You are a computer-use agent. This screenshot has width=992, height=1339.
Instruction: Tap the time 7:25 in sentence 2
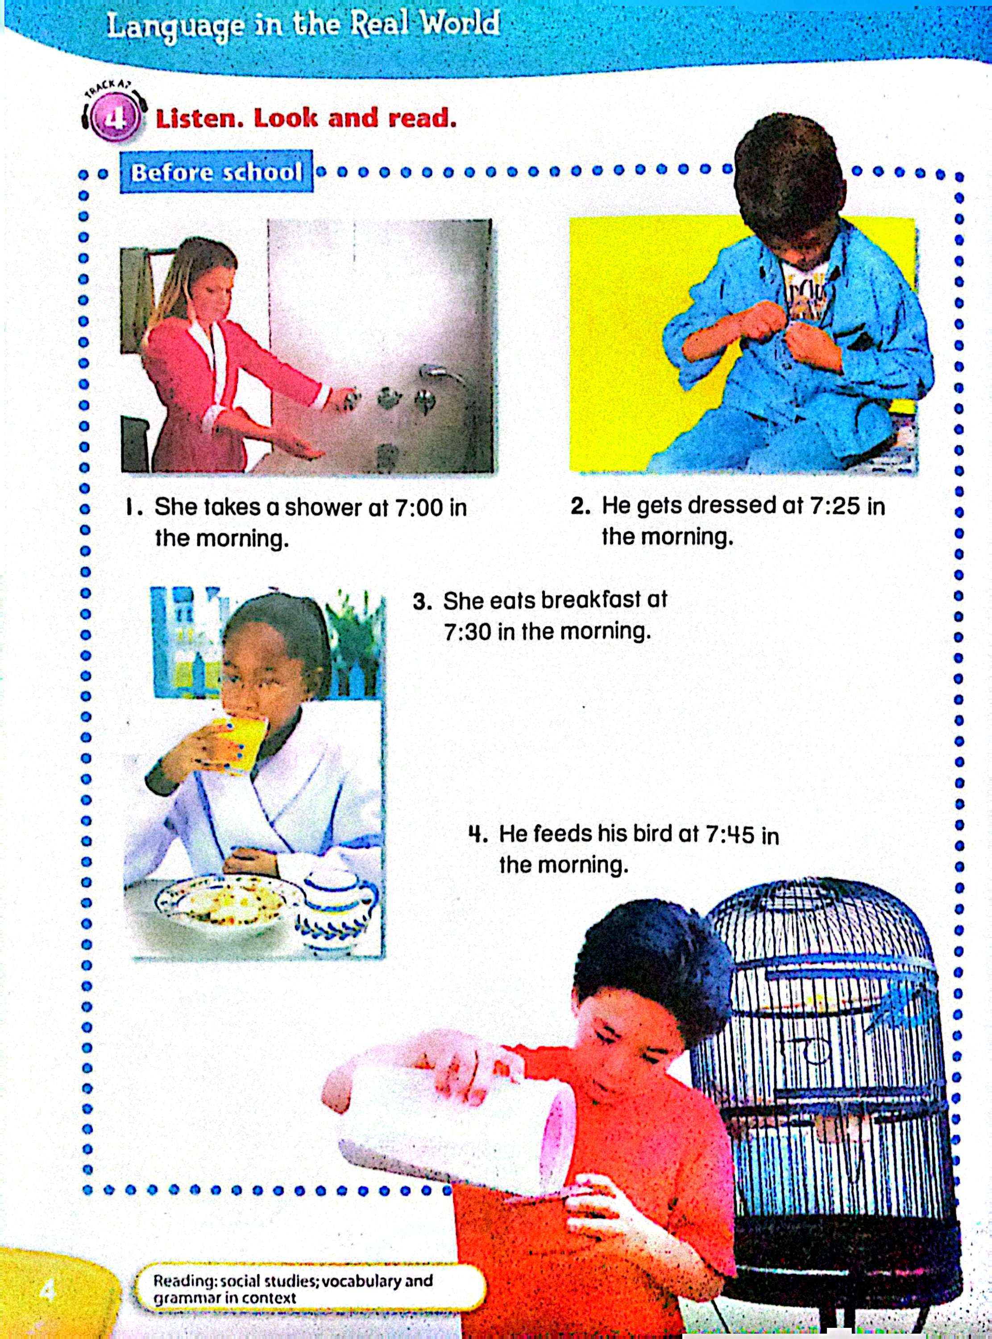coord(834,506)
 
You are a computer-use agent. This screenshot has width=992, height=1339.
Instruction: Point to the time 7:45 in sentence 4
coord(729,835)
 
